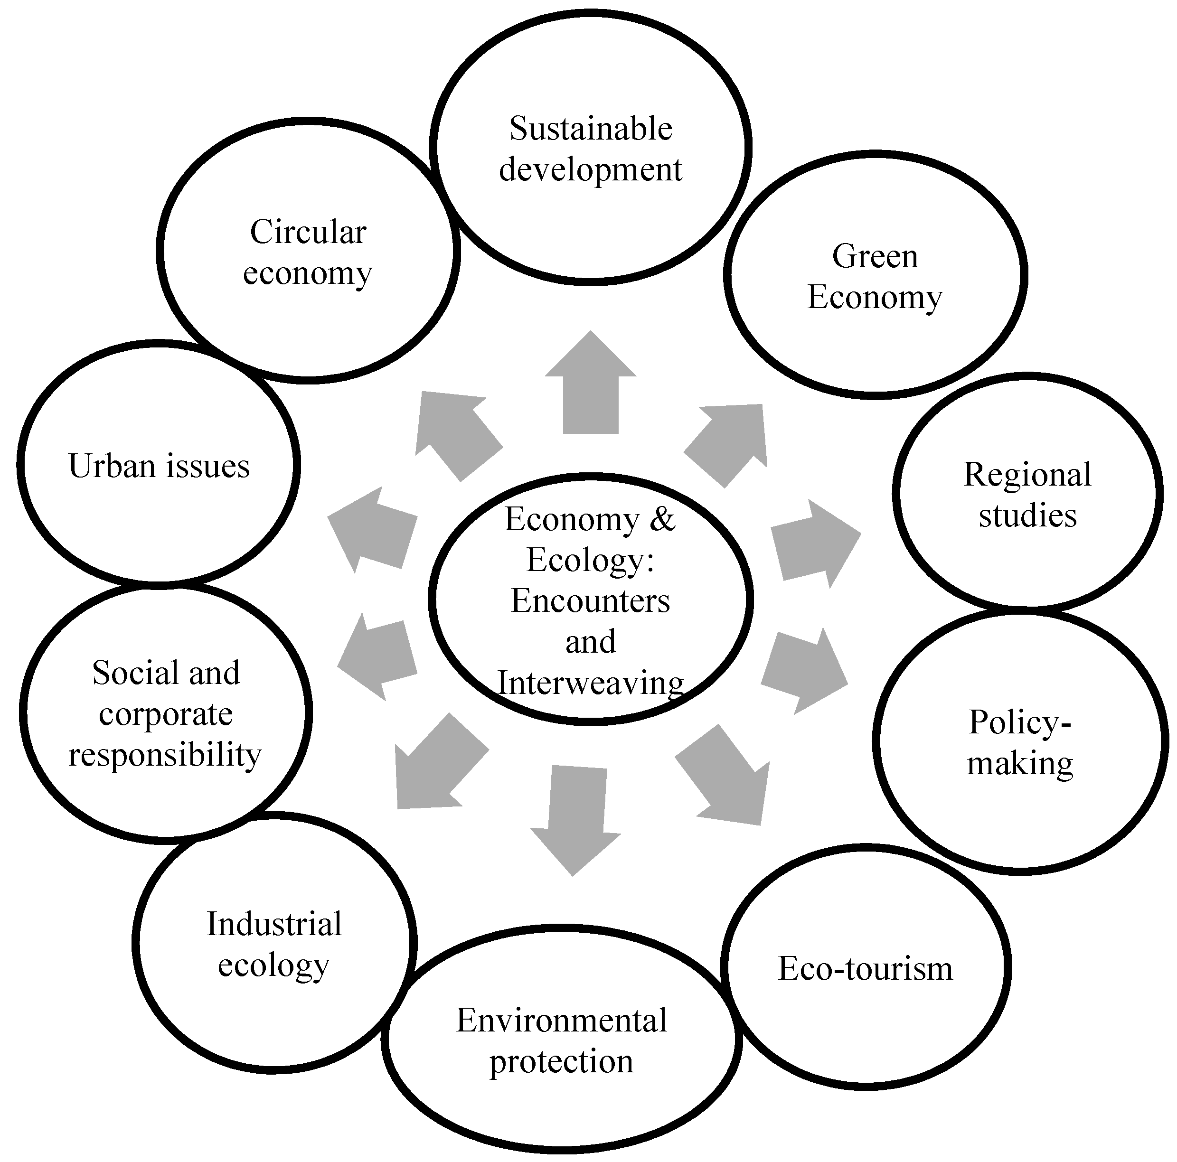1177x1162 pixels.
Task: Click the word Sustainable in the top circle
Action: pyautogui.click(x=590, y=129)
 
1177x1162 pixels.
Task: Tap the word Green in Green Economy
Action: pyautogui.click(x=875, y=257)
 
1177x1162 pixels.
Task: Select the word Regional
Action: pyautogui.click(x=1027, y=475)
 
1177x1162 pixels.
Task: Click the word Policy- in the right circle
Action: pyautogui.click(x=1020, y=723)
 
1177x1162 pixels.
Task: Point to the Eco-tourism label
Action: pyautogui.click(x=865, y=968)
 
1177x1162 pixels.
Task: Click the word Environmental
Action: pyautogui.click(x=561, y=1021)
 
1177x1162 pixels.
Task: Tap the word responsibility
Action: pyautogui.click(x=165, y=756)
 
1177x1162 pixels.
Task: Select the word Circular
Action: pyautogui.click(x=308, y=232)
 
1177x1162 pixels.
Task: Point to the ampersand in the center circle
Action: pyautogui.click(x=663, y=519)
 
